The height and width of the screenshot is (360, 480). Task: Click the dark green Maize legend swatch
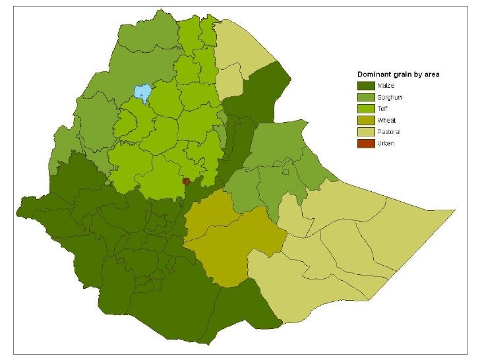(366, 85)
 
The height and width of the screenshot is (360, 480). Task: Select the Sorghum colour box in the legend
(366, 97)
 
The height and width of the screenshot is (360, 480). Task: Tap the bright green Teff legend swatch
(366, 108)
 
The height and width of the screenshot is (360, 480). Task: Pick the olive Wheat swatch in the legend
(366, 120)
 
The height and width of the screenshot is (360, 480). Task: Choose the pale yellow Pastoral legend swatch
(366, 132)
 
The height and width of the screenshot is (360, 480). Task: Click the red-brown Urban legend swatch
(366, 143)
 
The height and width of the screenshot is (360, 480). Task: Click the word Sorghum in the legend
(390, 97)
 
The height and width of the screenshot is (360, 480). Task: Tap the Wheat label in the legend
(386, 120)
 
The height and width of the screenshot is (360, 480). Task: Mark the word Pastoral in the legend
(389, 132)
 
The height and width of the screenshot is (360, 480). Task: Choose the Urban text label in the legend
(386, 143)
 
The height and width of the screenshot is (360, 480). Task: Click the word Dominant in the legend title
(373, 74)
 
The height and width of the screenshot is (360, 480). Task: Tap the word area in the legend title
(432, 74)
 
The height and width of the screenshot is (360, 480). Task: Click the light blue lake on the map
(141, 93)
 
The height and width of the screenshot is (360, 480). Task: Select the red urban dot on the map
(186, 181)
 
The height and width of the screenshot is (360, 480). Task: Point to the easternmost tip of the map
(455, 212)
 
